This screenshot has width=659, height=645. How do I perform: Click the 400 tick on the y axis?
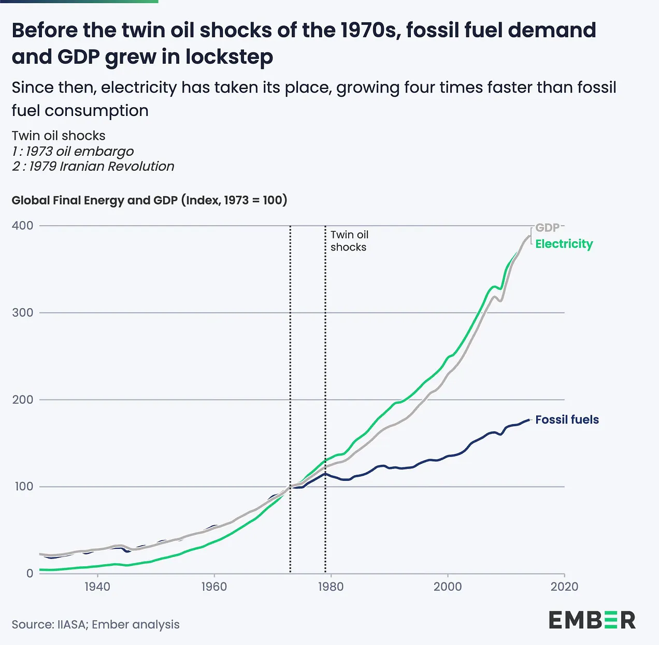[22, 226]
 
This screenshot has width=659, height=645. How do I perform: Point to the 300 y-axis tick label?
[22, 313]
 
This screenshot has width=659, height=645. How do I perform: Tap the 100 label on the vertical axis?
[23, 487]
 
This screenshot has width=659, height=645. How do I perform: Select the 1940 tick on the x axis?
[97, 587]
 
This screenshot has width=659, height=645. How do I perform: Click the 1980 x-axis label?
[331, 587]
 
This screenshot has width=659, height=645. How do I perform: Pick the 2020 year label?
[564, 587]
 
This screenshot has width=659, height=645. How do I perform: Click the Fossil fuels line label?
[567, 420]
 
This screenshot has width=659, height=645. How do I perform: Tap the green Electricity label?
[564, 244]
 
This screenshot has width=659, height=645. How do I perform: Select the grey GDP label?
[547, 228]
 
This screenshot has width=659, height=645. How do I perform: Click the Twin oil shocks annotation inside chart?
[349, 241]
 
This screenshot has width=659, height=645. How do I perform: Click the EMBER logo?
[592, 620]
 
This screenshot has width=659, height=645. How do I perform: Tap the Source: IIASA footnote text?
[95, 624]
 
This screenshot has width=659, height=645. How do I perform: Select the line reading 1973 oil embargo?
[73, 151]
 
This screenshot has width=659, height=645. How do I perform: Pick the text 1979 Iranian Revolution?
[93, 166]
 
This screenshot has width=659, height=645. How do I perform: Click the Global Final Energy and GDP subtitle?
[149, 200]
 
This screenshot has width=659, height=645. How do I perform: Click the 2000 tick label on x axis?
[448, 587]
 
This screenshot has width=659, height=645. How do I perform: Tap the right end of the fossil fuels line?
[529, 419]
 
